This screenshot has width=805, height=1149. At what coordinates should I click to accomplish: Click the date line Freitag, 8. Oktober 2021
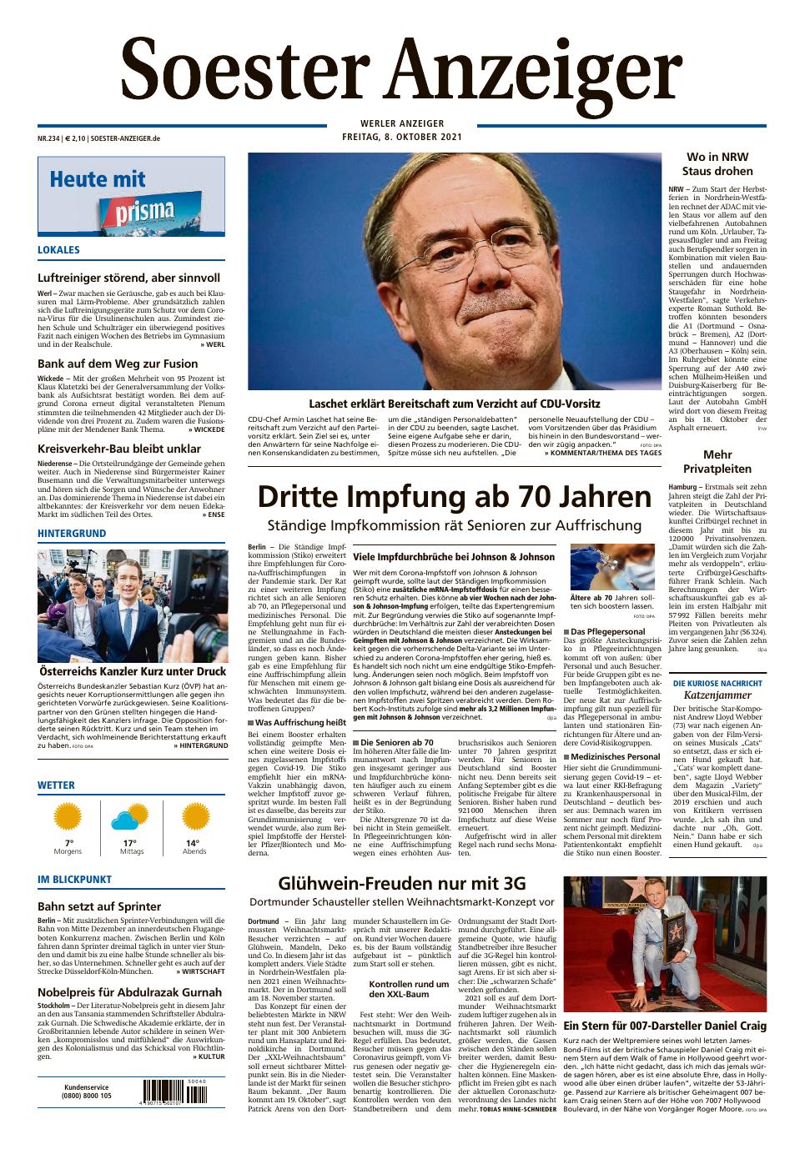(x=402, y=137)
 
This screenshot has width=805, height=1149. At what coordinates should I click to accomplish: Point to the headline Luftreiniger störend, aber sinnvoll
(x=128, y=278)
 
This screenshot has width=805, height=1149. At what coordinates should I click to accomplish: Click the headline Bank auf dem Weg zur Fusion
(x=118, y=364)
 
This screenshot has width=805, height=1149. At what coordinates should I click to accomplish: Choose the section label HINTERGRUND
(x=72, y=533)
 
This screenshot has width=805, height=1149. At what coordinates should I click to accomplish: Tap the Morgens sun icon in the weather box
(x=68, y=818)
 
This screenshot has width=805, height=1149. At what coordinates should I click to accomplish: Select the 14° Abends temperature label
(x=194, y=843)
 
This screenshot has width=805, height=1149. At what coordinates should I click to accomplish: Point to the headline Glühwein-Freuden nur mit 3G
(x=401, y=883)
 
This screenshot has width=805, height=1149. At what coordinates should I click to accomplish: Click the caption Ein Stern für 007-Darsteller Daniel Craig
(x=665, y=1026)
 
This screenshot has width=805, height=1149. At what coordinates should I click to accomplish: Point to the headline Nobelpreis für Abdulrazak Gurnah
(x=129, y=992)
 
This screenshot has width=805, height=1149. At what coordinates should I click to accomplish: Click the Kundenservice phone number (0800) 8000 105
(x=87, y=1096)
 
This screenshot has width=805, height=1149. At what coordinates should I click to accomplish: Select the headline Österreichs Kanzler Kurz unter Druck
(x=132, y=670)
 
